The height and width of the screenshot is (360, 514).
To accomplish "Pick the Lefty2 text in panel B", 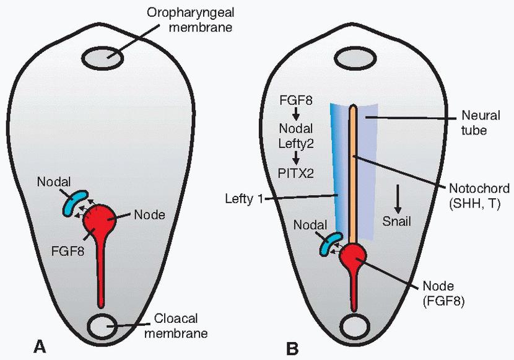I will pos(297,144).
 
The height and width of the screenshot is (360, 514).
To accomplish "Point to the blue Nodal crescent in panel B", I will pos(327,244).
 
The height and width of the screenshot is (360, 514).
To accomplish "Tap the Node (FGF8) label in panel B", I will pos(446,295).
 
